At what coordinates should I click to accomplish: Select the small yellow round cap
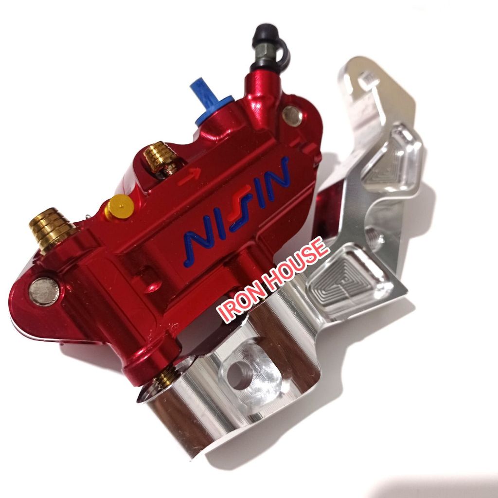pyautogui.click(x=120, y=207)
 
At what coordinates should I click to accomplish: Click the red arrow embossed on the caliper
pyautogui.click(x=189, y=176)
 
